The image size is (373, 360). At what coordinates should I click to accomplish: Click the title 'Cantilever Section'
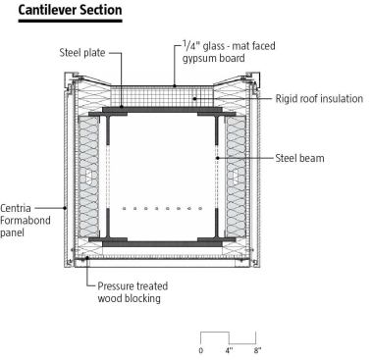(61, 10)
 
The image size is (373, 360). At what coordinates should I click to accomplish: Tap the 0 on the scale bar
(201, 350)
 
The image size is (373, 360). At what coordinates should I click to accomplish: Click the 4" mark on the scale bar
(229, 350)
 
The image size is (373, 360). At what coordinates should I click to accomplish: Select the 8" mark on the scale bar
(257, 350)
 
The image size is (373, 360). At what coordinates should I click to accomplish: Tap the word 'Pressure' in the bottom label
(118, 286)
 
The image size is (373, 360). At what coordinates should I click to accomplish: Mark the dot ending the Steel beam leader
(216, 157)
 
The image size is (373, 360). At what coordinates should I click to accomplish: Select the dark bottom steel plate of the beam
(162, 239)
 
